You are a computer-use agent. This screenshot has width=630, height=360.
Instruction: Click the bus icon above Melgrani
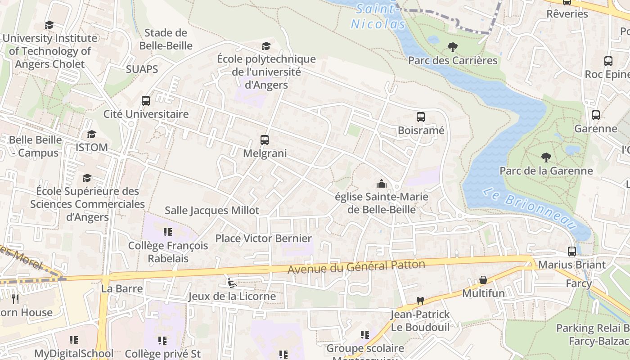point(265,140)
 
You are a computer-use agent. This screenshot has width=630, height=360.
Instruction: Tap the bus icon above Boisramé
point(421,117)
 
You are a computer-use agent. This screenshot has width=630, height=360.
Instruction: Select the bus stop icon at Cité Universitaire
point(146,101)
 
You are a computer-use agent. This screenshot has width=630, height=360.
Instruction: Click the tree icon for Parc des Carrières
point(453,47)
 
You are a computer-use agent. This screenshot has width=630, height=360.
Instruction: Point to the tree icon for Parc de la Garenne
point(546,157)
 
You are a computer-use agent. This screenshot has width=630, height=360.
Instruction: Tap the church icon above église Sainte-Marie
point(382,184)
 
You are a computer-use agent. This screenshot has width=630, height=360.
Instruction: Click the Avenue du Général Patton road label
point(356,267)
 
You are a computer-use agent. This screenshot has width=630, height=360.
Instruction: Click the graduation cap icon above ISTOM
point(91,134)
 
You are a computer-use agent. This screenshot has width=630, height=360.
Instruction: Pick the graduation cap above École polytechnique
point(266,46)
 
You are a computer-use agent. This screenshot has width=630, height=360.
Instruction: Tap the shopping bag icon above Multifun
point(483,280)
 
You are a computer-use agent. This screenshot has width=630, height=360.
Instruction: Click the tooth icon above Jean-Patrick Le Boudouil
point(420,301)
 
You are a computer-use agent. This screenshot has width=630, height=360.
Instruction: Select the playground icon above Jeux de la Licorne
point(232,283)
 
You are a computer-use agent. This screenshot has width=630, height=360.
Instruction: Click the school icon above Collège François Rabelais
point(168,232)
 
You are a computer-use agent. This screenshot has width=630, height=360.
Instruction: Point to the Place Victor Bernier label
point(263,238)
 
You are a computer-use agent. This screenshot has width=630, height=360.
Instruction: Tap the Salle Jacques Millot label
point(212,210)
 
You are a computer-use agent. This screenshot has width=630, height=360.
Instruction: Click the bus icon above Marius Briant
point(572,251)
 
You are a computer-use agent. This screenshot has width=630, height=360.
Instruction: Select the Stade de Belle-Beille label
point(166,39)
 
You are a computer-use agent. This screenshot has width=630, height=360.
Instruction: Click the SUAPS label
point(142,69)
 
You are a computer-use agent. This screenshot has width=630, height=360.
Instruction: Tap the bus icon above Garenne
point(596,115)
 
